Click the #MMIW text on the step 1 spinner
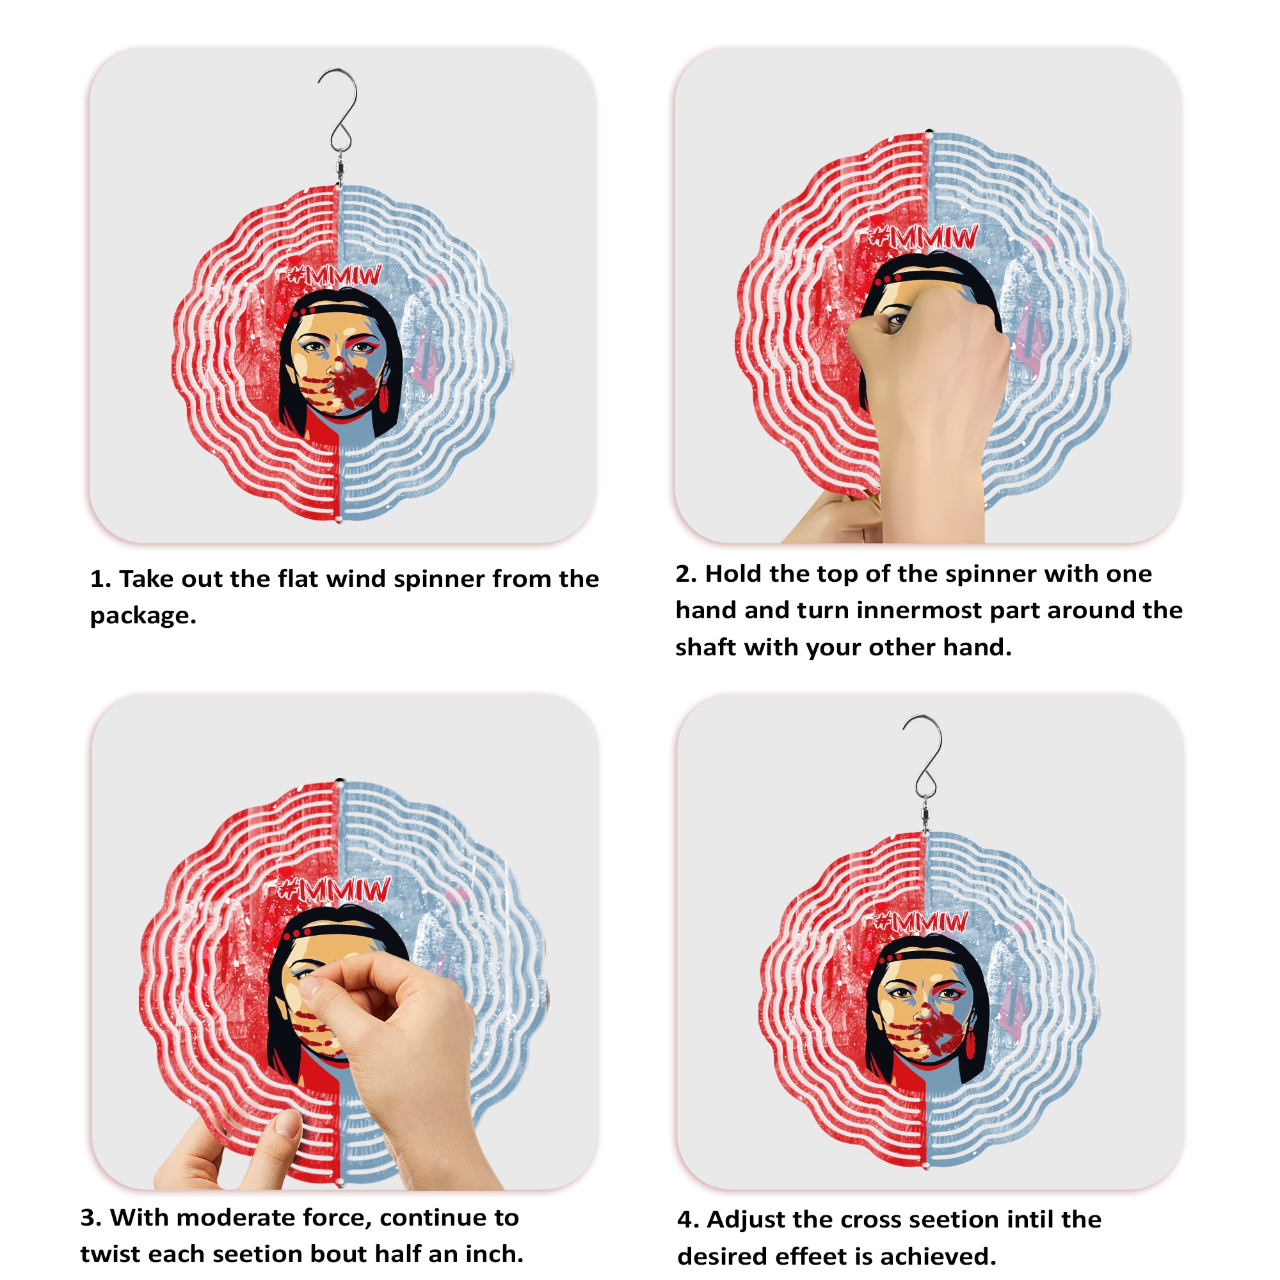coord(335,275)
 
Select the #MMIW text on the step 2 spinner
coord(924,237)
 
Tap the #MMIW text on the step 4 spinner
coord(921,922)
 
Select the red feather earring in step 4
coord(971,1041)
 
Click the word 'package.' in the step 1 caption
coord(143,616)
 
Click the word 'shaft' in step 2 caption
coord(705,647)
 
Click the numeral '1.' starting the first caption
coord(100,579)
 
